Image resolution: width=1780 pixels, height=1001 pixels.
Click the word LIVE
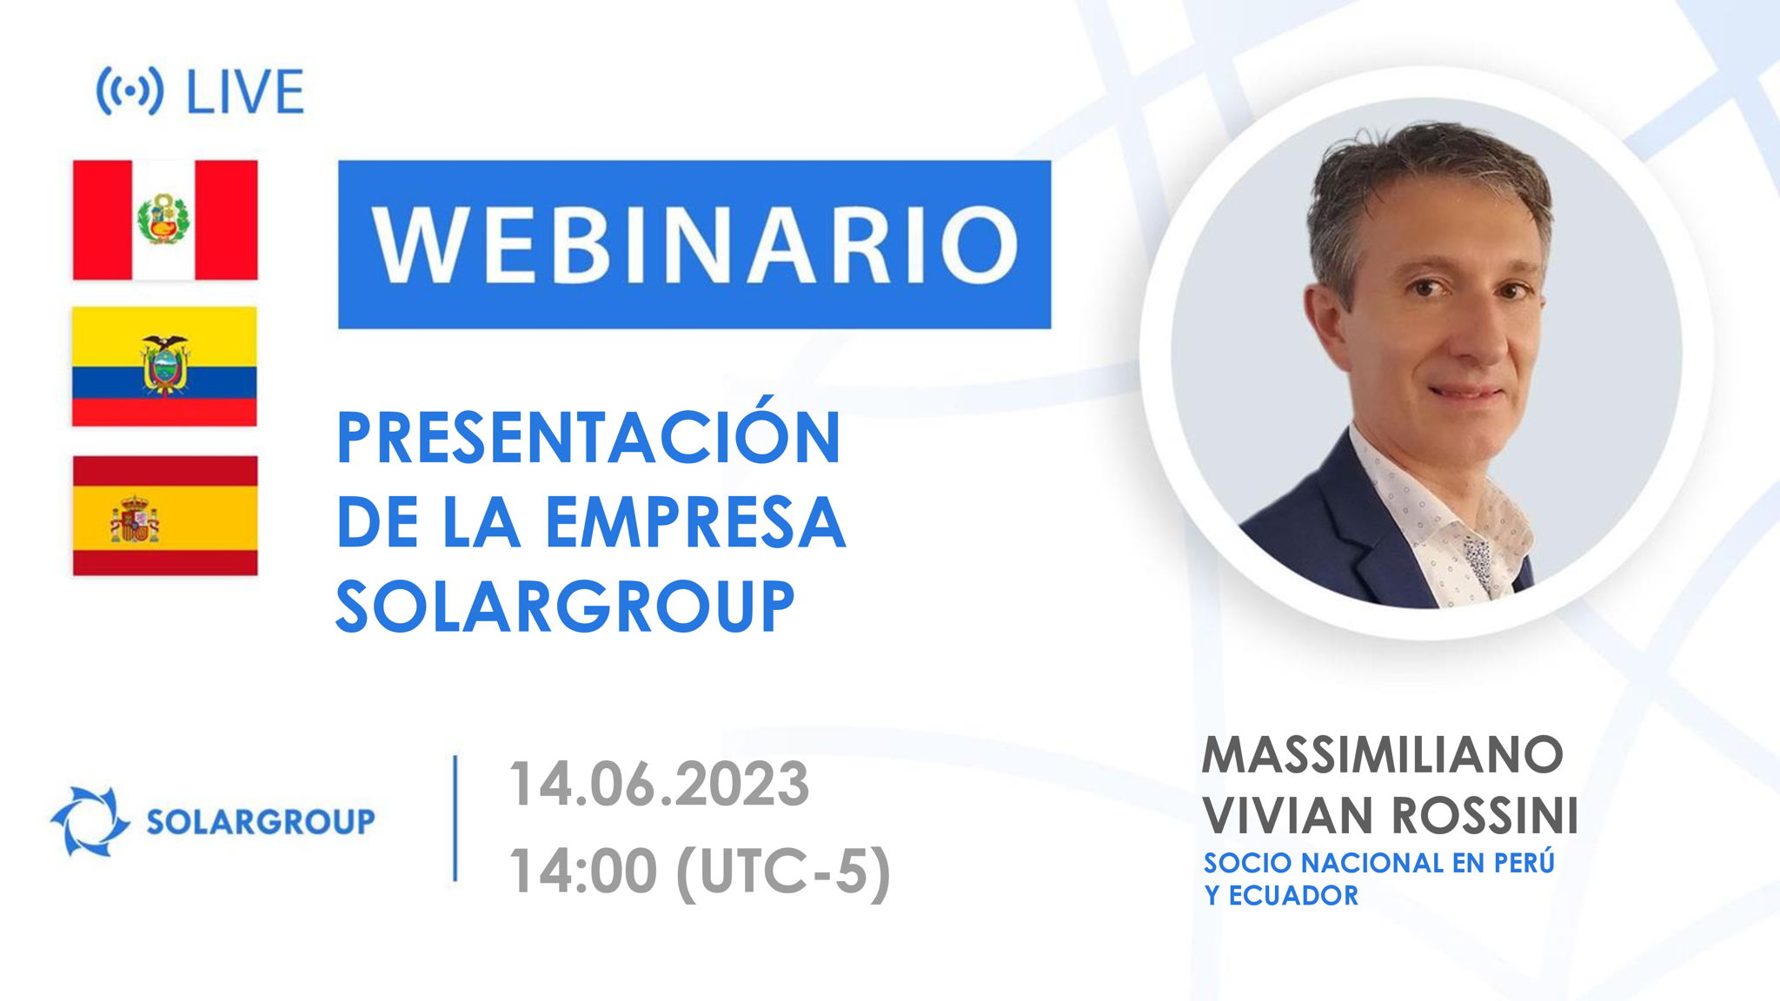point(245,92)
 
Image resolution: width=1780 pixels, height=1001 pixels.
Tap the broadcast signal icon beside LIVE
point(129,91)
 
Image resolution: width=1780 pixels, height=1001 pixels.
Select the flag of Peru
point(165,220)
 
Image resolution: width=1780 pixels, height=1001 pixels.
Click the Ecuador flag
point(164,366)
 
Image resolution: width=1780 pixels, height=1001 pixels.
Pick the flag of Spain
point(165,515)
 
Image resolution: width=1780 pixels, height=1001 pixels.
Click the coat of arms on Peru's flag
point(164,219)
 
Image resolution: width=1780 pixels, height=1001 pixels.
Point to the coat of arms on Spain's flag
point(134,520)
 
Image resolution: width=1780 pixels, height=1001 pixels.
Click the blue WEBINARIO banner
point(694,244)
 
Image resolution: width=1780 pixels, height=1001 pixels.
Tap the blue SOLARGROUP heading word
point(565,607)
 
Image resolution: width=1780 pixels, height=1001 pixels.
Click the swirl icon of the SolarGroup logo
point(90,821)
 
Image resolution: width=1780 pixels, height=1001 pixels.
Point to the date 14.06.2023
point(659,784)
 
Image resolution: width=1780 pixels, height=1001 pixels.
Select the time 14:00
point(582,871)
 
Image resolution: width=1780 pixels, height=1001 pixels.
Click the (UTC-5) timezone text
point(783,871)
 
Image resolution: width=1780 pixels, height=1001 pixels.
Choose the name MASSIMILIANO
point(1382,754)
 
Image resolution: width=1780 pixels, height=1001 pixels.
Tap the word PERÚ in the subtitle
point(1524,863)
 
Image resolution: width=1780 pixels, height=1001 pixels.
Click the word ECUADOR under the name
point(1293,896)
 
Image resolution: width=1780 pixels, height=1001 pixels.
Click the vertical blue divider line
point(455,819)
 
